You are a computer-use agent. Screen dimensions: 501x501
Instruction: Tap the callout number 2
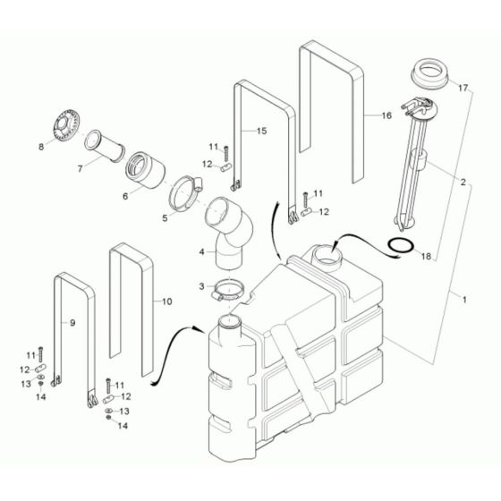(463, 183)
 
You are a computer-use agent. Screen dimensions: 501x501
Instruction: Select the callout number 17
(463, 88)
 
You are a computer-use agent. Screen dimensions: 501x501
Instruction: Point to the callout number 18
(425, 255)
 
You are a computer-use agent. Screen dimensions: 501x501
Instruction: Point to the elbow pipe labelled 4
(233, 233)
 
